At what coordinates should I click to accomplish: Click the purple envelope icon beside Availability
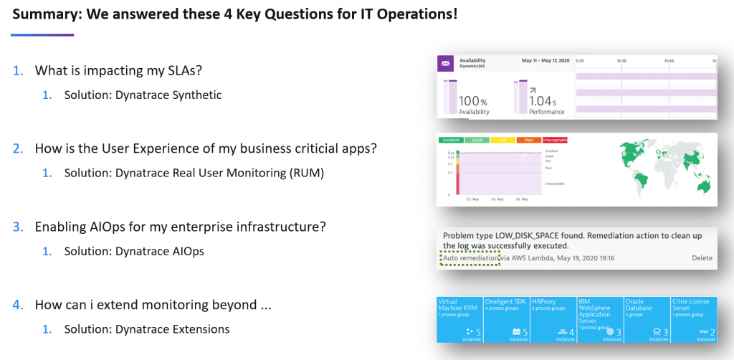coord(446,65)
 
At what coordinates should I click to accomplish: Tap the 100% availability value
coord(474,101)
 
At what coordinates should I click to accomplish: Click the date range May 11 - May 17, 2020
coord(545,61)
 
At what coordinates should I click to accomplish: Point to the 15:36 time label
coord(621,61)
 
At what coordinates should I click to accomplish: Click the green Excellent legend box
coord(451,140)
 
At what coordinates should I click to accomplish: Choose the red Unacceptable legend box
coord(555,140)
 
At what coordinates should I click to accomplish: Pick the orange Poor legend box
coord(529,140)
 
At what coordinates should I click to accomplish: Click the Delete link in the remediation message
coord(702,258)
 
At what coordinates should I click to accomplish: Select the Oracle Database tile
coord(647,319)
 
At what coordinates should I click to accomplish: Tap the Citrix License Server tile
coord(694,319)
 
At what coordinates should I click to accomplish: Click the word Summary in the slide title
coord(44,14)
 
